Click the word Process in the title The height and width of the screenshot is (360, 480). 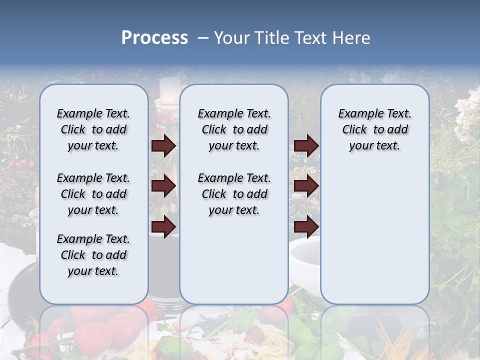point(154,38)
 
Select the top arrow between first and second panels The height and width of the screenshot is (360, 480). point(163,145)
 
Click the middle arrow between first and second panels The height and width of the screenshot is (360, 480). point(163,186)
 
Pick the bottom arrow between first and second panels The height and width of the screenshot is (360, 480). point(163,226)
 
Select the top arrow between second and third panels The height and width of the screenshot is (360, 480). point(306,145)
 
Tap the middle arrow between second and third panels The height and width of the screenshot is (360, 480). point(306,186)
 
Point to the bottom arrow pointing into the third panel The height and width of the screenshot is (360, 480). point(306,226)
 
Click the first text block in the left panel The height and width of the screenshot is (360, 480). point(93,129)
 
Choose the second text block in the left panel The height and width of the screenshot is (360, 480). point(93,194)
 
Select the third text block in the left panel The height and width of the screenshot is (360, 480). point(93,255)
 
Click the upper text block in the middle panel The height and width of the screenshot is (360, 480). point(234,129)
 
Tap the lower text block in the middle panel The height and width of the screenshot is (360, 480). point(234,194)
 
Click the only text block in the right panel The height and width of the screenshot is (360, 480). point(374,129)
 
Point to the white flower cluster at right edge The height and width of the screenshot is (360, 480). point(467,117)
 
